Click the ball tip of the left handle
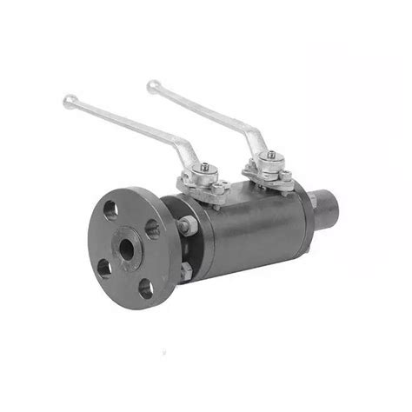tap(70, 102)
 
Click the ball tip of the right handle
tap(153, 86)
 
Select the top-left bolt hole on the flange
tap(110, 209)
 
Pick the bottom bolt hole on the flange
tap(145, 288)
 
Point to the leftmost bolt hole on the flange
tap(104, 267)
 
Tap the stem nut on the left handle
tap(203, 168)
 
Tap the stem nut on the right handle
tap(270, 156)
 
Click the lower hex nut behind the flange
tap(185, 273)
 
